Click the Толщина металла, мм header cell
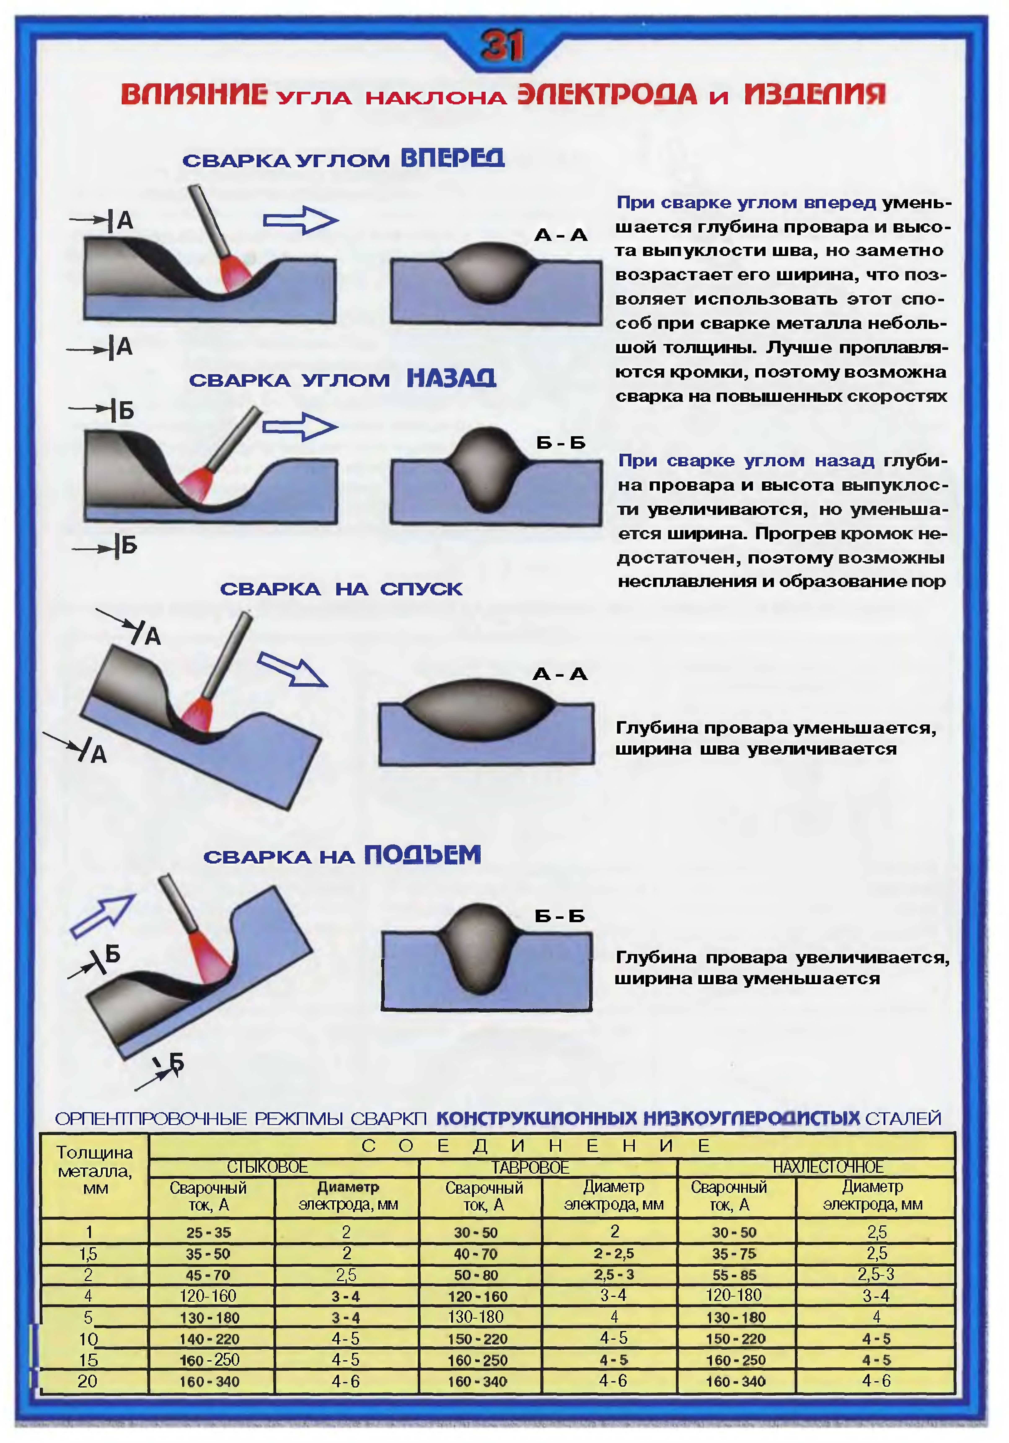coord(95,1170)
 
